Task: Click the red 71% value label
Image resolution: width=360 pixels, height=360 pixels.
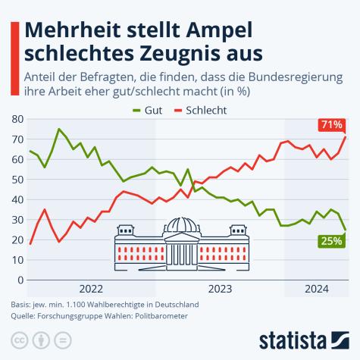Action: pyautogui.click(x=331, y=124)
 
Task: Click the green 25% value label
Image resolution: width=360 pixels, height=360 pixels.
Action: pyautogui.click(x=330, y=241)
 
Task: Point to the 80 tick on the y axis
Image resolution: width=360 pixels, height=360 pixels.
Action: pyautogui.click(x=17, y=120)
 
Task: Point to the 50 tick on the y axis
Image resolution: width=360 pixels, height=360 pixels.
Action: pyautogui.click(x=17, y=180)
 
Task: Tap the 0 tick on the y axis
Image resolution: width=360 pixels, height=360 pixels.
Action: pyautogui.click(x=20, y=280)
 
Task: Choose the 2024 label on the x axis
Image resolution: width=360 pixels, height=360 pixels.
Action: pyautogui.click(x=316, y=289)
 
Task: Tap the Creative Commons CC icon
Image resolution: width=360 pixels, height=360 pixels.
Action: pyautogui.click(x=19, y=338)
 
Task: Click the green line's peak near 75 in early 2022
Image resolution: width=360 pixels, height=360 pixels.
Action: pyautogui.click(x=59, y=129)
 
